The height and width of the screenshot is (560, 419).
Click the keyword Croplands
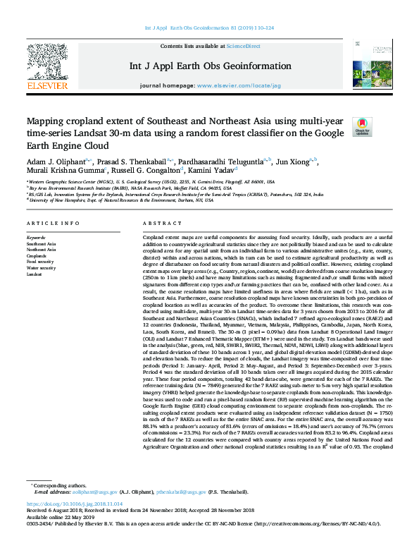pos(37,255)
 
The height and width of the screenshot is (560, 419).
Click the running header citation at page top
pos(209,29)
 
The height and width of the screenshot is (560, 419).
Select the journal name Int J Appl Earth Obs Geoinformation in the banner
pos(209,66)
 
